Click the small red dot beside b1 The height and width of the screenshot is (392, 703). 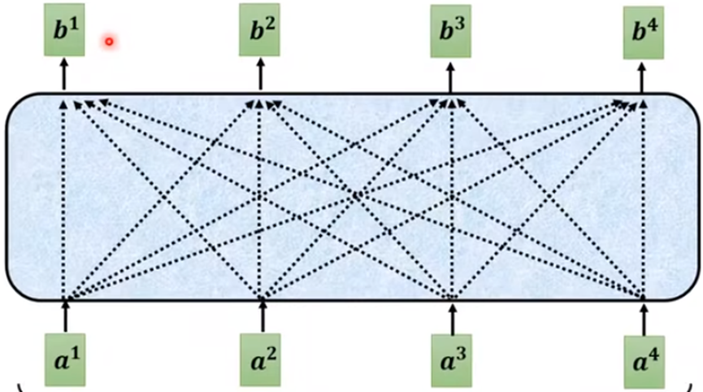[x=108, y=41]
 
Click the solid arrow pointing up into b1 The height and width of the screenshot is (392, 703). [x=65, y=77]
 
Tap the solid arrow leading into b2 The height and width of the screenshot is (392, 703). [x=260, y=77]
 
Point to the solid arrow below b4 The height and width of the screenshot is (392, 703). [x=643, y=77]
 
